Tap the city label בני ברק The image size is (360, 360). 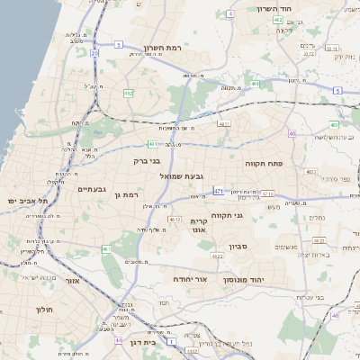pyautogui.click(x=147, y=162)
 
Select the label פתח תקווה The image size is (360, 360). pyautogui.click(x=262, y=164)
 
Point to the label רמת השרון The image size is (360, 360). pyautogui.click(x=163, y=48)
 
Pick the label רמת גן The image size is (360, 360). pyautogui.click(x=131, y=194)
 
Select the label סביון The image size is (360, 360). pyautogui.click(x=264, y=245)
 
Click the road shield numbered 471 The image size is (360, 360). pyautogui.click(x=219, y=191)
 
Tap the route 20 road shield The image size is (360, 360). pyautogui.click(x=94, y=54)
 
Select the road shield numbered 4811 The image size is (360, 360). pyautogui.click(x=224, y=124)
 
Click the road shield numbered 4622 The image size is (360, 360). pyautogui.click(x=217, y=256)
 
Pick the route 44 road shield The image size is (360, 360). pyautogui.click(x=119, y=341)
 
